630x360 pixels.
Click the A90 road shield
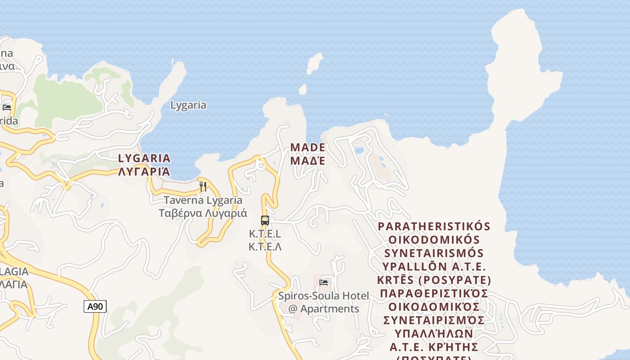coord(95,306)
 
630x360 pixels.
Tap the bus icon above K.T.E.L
coord(265,220)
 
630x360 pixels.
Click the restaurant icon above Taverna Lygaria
coord(203,186)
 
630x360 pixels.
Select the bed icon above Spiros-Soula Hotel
coord(324,283)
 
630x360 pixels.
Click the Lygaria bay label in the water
coord(188,105)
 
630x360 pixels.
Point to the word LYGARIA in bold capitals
coord(144,158)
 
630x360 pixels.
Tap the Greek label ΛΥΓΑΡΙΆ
coord(144,171)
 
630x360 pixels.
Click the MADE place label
coord(308,147)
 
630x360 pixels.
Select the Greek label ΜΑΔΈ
coord(308,160)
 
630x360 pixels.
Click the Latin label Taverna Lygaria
coord(203,200)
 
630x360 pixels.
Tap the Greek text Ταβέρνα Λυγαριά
coord(203,213)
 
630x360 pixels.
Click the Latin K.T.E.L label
coord(265,234)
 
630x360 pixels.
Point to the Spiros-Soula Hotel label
coord(324,296)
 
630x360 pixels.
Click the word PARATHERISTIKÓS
coord(434,226)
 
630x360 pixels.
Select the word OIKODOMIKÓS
coord(434,239)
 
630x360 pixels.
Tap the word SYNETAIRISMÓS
coord(434,253)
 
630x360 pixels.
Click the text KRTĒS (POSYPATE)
coord(434,280)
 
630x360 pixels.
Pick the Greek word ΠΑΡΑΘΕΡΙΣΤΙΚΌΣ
coord(434,293)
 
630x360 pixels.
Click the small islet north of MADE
coord(315,63)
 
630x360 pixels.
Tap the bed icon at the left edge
coord(7,107)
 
